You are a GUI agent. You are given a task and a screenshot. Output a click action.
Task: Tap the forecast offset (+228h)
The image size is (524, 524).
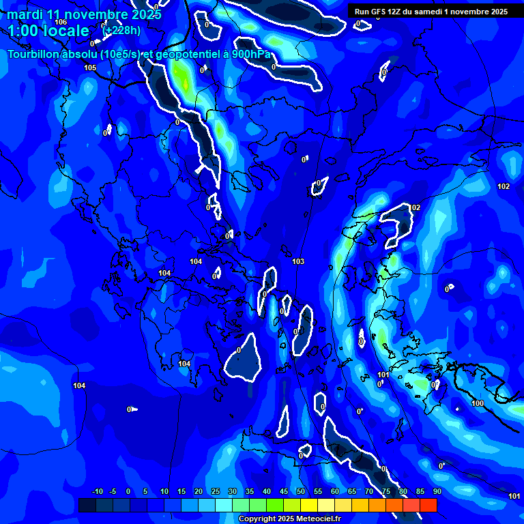click(x=121, y=30)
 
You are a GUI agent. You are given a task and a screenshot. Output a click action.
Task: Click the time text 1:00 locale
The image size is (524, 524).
click(x=48, y=31)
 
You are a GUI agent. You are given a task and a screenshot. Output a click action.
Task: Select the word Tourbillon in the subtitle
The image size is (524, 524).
click(x=35, y=55)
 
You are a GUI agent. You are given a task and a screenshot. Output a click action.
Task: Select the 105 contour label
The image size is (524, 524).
click(x=90, y=68)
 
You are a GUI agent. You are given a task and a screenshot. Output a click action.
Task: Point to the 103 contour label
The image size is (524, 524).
click(x=297, y=261)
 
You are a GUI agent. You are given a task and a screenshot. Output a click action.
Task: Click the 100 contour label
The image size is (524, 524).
click(x=478, y=403)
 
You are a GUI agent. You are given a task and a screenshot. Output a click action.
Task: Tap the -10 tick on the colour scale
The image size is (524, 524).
click(x=97, y=492)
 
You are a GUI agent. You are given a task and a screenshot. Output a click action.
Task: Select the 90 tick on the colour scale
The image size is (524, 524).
click(x=437, y=492)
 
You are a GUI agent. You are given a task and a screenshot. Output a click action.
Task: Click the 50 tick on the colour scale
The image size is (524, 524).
click(x=301, y=492)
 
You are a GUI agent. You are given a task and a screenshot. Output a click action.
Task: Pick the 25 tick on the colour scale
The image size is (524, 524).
click(x=216, y=492)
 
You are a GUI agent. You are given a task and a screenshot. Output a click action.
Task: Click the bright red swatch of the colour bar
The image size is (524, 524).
click(x=428, y=505)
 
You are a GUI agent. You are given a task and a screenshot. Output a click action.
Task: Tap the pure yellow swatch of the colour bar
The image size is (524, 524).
click(x=309, y=505)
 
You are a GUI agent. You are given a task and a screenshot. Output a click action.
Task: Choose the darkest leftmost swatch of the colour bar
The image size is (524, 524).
click(x=87, y=505)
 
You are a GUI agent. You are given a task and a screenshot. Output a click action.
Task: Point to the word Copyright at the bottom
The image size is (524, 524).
click(x=259, y=519)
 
